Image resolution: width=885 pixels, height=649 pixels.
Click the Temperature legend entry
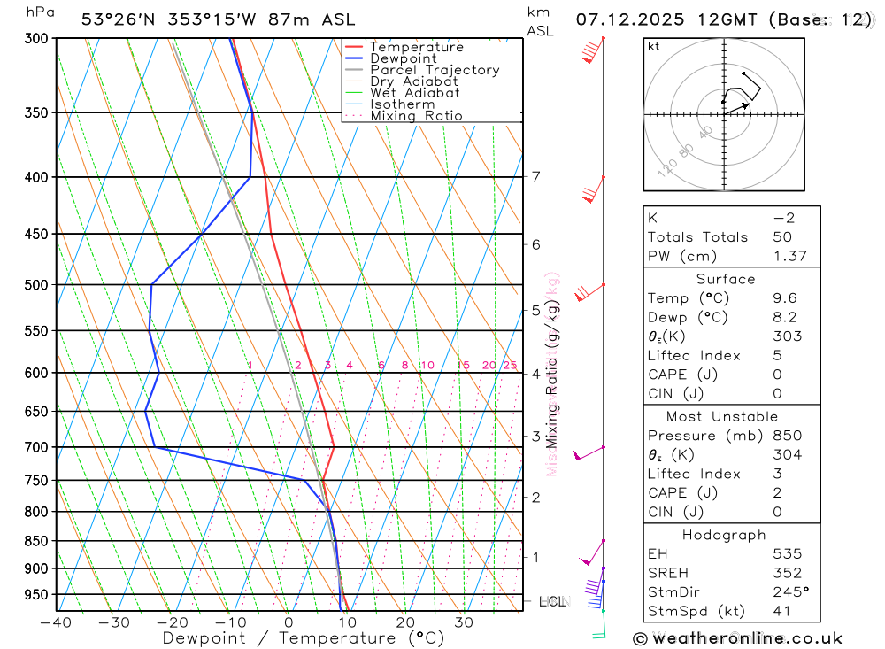(x=416, y=47)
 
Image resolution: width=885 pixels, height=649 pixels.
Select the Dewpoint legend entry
(x=403, y=58)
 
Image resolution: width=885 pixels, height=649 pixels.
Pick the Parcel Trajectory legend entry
(x=434, y=70)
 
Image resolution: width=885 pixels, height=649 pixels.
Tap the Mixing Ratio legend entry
(x=416, y=116)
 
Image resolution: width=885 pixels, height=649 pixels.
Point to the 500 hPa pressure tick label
(x=36, y=285)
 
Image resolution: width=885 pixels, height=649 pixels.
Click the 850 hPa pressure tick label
(x=36, y=541)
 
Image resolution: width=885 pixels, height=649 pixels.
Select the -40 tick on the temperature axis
(x=56, y=622)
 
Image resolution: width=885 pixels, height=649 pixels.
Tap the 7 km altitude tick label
(x=536, y=176)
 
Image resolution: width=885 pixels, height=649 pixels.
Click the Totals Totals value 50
(x=782, y=237)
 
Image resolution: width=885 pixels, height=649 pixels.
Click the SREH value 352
(x=787, y=573)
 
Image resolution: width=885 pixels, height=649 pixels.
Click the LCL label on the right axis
(x=551, y=602)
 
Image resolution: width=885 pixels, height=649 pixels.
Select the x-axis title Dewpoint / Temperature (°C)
(x=304, y=637)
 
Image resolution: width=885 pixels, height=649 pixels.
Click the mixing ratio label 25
(x=510, y=366)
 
